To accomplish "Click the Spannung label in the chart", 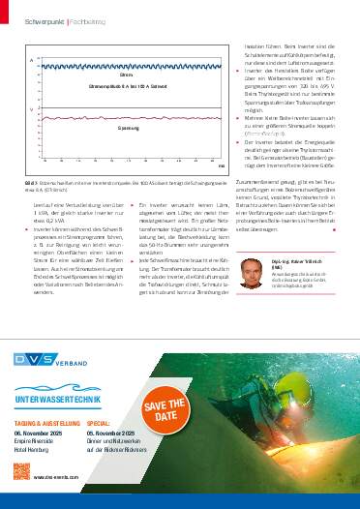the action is (129, 129).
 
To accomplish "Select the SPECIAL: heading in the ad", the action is (102, 423).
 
